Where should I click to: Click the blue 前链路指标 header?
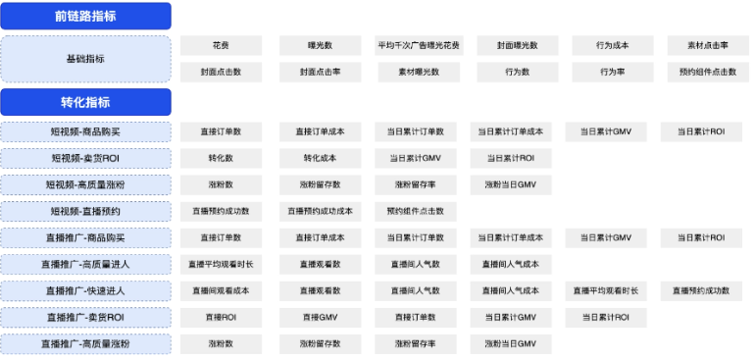(x=86, y=17)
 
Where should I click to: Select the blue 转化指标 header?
(x=86, y=102)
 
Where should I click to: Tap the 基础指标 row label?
(x=86, y=59)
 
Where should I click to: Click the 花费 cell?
(x=221, y=46)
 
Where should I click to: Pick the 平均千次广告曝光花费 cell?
(x=419, y=46)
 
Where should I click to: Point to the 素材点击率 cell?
(x=707, y=46)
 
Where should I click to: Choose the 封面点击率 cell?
(x=320, y=72)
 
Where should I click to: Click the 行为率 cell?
(x=613, y=72)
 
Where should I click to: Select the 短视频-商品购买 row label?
(x=86, y=131)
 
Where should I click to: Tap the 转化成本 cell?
(x=320, y=158)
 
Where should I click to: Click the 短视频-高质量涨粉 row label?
(x=86, y=184)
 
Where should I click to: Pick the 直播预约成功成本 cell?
(x=320, y=211)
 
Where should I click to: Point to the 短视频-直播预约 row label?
(x=86, y=211)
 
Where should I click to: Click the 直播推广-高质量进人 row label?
(x=86, y=264)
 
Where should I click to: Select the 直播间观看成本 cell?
(x=221, y=290)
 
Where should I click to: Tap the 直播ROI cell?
(x=221, y=317)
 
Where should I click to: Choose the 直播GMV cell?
(x=320, y=317)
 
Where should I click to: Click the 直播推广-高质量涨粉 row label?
(x=86, y=343)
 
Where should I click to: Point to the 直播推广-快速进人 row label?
(x=86, y=290)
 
